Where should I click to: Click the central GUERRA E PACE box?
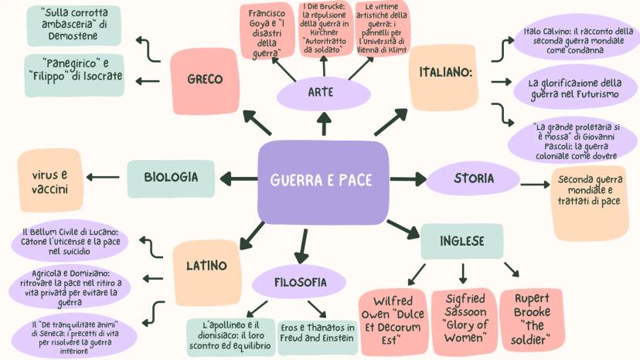(x=322, y=180)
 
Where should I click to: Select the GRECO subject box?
(x=205, y=79)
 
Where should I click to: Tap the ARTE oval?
(x=321, y=93)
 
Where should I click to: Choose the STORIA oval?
(x=473, y=178)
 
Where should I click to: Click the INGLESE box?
(x=462, y=241)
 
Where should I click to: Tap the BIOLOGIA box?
(x=171, y=177)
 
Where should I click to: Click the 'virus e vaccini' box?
(x=50, y=182)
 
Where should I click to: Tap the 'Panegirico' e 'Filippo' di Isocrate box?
(x=73, y=76)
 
